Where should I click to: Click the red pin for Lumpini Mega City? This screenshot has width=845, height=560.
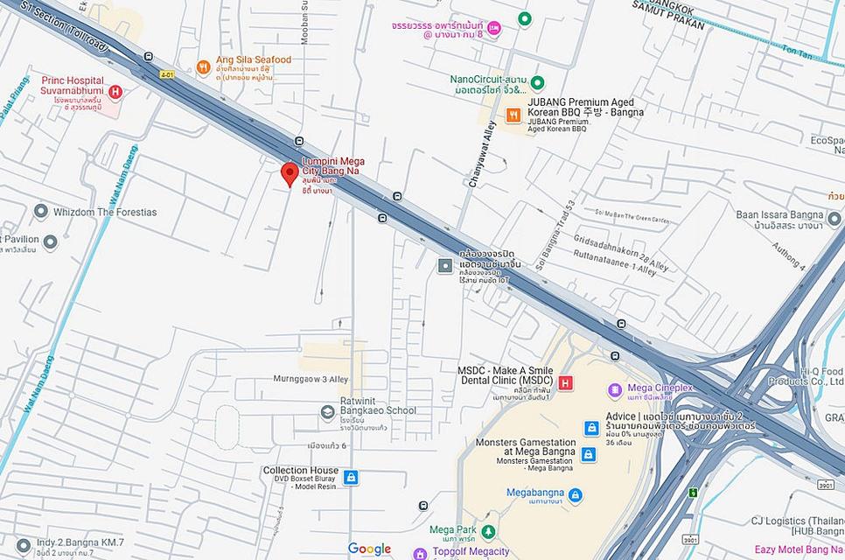[x=289, y=173]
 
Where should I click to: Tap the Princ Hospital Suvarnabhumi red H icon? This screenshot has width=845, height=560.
[x=115, y=91]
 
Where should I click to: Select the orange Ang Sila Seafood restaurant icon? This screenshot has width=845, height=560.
[x=203, y=66]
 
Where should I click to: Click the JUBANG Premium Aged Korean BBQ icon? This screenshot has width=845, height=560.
[x=513, y=115]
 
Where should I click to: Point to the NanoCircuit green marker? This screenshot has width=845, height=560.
[x=538, y=82]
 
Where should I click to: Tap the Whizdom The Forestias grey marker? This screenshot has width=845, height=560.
[x=40, y=212]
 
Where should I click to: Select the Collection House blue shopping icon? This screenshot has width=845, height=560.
[x=351, y=477]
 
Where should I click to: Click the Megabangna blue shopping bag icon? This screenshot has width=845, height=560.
[x=575, y=495]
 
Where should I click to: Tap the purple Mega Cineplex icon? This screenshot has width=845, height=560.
[x=616, y=388]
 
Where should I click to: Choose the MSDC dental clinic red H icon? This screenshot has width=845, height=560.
[x=566, y=382]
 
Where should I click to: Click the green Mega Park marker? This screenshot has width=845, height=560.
[x=488, y=531]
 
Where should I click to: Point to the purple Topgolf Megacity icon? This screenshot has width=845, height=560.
[x=420, y=553]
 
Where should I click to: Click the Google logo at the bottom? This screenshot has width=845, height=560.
[x=369, y=549]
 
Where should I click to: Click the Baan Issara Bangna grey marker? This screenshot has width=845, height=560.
[x=834, y=217]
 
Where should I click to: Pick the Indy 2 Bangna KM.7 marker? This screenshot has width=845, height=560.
[x=24, y=545]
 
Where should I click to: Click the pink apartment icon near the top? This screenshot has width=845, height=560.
[x=494, y=29]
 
